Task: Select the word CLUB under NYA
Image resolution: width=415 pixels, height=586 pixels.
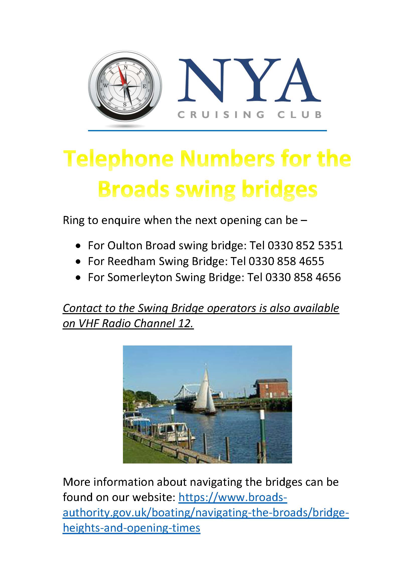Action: pos(299,114)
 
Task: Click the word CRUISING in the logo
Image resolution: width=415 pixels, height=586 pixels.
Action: pos(221,114)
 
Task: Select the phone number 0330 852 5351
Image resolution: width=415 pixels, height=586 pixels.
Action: pos(305,245)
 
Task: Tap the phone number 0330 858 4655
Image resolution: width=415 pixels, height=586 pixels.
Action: pos(286,261)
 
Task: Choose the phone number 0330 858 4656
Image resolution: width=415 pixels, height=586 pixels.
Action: pos(303,277)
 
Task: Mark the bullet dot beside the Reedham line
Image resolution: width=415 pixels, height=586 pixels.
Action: pos(78,262)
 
